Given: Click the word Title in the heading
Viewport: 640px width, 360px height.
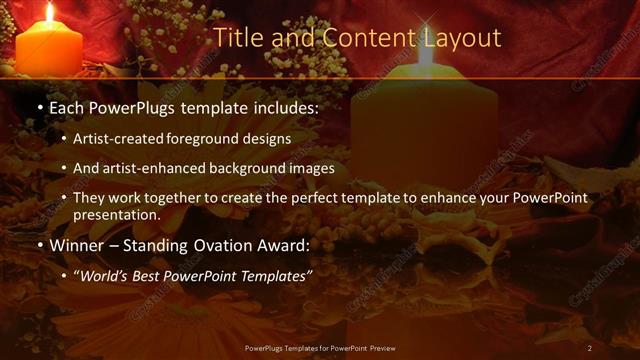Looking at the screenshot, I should pos(238,39).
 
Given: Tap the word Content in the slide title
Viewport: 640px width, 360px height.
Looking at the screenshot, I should pos(357,39).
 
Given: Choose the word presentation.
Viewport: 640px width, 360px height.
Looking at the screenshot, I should pos(116,215).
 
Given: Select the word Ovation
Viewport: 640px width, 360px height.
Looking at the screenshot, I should pos(226,245).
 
